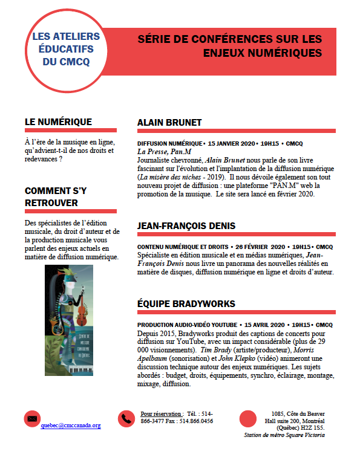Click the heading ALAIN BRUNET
[169, 122]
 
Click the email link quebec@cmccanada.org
[71, 425]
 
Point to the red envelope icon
[32, 418]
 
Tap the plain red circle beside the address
[248, 418]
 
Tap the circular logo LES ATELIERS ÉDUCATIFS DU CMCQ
[67, 50]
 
